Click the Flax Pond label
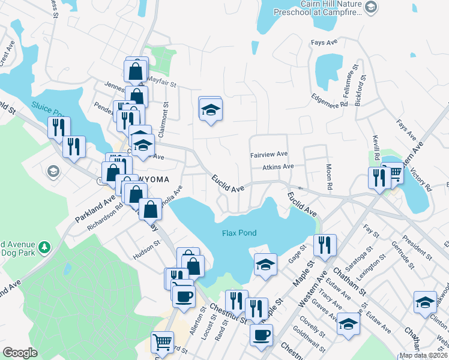pyautogui.click(x=240, y=233)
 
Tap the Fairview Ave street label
pyautogui.click(x=269, y=154)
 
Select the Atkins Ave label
pyautogui.click(x=277, y=167)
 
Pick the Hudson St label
pyautogui.click(x=147, y=248)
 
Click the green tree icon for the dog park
pyautogui.click(x=43, y=247)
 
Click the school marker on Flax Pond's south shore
pyautogui.click(x=265, y=265)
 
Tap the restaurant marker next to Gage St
pyautogui.click(x=325, y=245)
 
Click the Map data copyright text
pyautogui.click(x=424, y=355)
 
